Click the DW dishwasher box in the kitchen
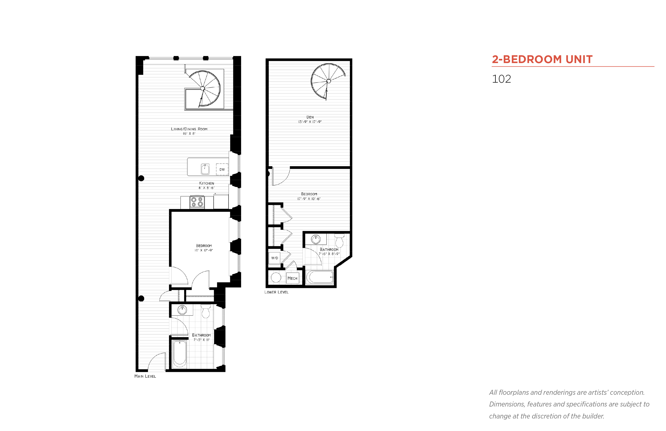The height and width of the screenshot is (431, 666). coord(222,169)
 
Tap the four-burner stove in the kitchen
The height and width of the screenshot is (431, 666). coord(197,202)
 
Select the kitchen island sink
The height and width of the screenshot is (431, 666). coord(205,169)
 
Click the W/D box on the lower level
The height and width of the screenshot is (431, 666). coord(275,258)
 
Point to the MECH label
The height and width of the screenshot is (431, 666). coord(292,278)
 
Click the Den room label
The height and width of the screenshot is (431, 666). coord(310,117)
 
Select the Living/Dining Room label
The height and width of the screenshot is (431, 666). coord(189,129)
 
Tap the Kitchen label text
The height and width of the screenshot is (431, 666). coord(206,183)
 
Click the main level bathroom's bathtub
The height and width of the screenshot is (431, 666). coord(179,354)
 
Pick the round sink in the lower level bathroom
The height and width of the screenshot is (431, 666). coord(316,239)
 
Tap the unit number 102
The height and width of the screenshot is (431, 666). coord(501,79)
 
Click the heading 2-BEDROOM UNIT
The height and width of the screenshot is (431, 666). coord(542,59)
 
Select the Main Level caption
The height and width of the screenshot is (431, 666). coord(145,376)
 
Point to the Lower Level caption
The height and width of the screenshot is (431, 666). coord(276,292)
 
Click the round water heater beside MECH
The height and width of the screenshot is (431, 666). coord(276,277)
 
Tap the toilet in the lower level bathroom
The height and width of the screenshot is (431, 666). coord(339,241)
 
